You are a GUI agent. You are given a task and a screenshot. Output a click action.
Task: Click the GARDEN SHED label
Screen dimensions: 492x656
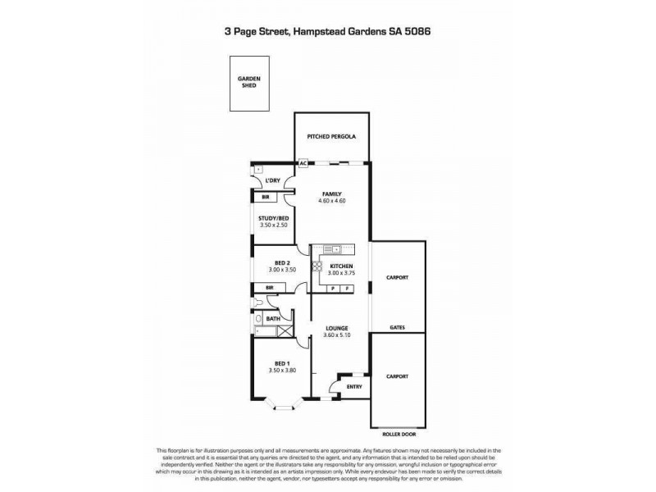(248, 83)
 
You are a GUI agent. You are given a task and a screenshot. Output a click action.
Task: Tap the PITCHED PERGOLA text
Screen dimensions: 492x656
(331, 137)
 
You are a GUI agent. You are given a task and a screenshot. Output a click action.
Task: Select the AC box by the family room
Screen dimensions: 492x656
(303, 163)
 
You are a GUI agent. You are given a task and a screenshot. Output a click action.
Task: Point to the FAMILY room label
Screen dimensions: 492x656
(331, 194)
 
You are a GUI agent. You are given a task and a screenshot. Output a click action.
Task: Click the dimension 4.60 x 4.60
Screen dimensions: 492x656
(331, 201)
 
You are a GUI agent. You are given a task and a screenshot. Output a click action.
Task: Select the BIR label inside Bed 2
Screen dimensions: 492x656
(269, 287)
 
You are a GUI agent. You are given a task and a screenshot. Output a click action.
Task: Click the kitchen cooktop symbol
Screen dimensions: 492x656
(316, 266)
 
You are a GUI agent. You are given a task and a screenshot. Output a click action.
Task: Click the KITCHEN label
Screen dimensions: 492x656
(341, 266)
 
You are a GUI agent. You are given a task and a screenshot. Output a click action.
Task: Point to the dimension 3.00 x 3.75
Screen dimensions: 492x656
(341, 274)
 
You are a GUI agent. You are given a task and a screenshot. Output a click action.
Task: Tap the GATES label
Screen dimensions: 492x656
(397, 326)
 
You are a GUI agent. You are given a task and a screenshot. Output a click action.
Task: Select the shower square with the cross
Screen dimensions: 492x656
(285, 331)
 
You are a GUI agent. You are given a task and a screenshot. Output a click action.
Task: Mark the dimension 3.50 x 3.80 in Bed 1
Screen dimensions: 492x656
(280, 371)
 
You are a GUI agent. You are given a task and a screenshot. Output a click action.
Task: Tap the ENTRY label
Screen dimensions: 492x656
(354, 386)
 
